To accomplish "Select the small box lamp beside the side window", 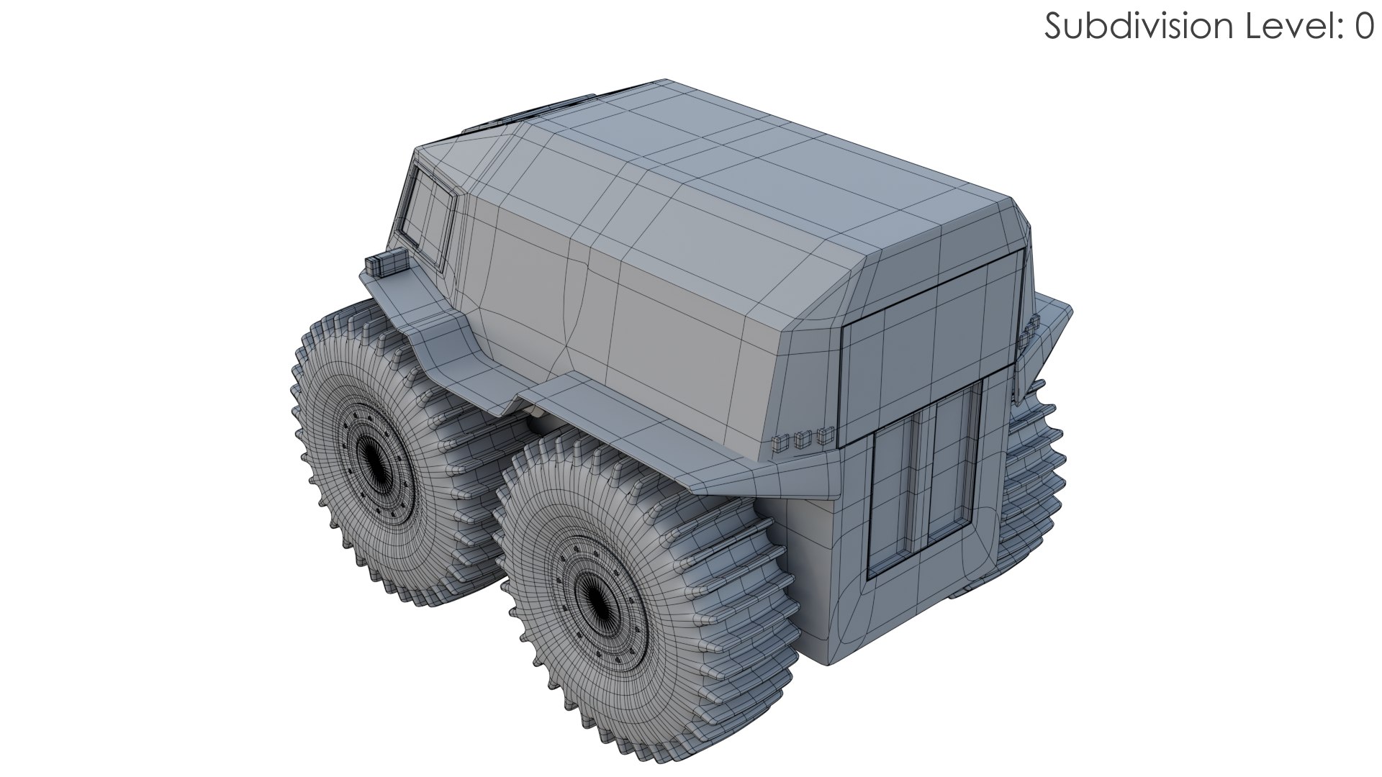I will [x=386, y=263].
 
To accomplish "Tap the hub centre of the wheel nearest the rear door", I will [x=595, y=596].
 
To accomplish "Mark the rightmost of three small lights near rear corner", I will [x=824, y=434].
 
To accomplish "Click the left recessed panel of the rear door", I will [x=893, y=496].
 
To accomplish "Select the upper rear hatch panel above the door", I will [x=932, y=345].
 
